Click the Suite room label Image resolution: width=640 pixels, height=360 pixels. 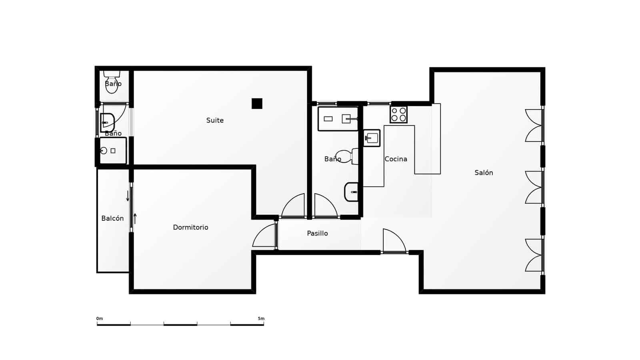(215, 120)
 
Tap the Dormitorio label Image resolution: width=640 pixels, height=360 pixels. (190, 227)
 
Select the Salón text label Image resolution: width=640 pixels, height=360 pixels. (484, 173)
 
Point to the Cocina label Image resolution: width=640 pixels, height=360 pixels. (396, 159)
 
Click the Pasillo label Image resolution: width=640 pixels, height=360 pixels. (317, 233)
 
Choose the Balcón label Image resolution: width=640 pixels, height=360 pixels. (112, 218)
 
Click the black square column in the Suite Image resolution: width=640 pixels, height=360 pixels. (257, 104)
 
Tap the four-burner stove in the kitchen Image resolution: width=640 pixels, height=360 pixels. (398, 114)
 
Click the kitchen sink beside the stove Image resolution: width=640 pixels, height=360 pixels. (372, 138)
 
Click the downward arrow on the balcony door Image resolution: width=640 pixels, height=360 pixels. (128, 196)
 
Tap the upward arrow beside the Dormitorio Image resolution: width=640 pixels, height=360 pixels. (135, 218)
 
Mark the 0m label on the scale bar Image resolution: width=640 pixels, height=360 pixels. (100, 319)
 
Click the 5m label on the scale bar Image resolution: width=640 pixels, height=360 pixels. (261, 319)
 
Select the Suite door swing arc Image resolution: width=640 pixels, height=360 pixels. (293, 206)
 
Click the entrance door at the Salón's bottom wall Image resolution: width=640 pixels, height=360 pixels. (394, 241)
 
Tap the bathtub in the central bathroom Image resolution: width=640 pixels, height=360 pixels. (338, 119)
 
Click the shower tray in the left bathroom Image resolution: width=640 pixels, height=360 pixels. (113, 151)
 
